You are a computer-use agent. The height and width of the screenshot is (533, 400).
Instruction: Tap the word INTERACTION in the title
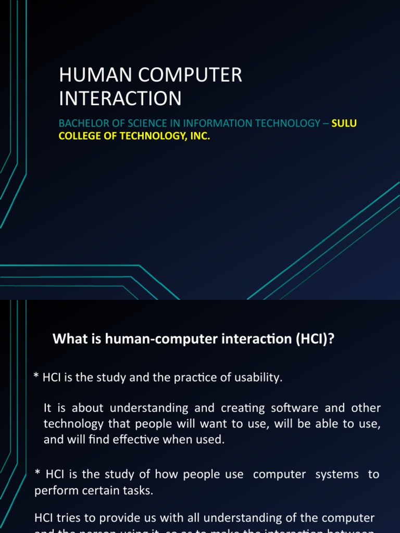pyautogui.click(x=120, y=98)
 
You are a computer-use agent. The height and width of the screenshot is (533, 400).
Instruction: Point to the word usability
pyautogui.click(x=259, y=378)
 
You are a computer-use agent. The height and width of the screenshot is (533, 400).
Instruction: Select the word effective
pyautogui.click(x=155, y=439)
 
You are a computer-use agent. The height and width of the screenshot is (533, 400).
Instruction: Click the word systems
pyautogui.click(x=338, y=475)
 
